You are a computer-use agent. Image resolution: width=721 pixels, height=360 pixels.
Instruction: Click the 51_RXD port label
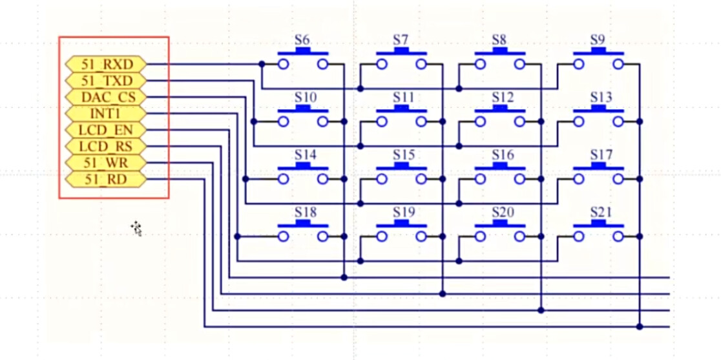pos(106,64)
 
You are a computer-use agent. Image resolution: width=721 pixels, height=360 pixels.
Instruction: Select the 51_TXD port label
pos(106,81)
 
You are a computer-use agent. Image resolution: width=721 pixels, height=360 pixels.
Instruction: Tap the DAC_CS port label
pos(106,97)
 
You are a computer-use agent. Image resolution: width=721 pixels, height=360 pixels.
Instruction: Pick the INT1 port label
pos(106,113)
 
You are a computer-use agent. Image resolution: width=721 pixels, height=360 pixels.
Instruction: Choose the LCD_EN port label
pos(106,129)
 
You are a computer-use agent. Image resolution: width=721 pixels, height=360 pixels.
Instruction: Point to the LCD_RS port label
pos(106,145)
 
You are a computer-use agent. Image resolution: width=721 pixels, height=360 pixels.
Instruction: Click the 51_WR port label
pos(106,162)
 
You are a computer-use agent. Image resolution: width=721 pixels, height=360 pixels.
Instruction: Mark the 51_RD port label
pos(106,178)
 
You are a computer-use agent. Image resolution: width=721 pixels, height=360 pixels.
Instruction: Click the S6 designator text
pos(302,39)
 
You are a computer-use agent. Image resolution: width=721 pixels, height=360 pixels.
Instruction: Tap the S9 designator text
pos(597,39)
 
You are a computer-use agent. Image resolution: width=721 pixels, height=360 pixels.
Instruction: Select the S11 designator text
pos(403,97)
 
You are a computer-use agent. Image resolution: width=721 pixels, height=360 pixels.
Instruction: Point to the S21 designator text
pos(601,212)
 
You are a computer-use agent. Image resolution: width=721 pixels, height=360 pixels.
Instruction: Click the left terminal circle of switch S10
pos(283,122)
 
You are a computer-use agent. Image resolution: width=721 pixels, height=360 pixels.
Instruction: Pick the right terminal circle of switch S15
pos(421,179)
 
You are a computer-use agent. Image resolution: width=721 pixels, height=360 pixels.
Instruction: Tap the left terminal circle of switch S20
pos(480,237)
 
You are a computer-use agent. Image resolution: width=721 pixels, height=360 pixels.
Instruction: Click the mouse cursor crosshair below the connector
pos(136,228)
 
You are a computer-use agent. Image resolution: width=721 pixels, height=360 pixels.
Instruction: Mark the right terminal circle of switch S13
pos(618,122)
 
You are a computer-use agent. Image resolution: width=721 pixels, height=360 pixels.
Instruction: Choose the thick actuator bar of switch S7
pos(402,52)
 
